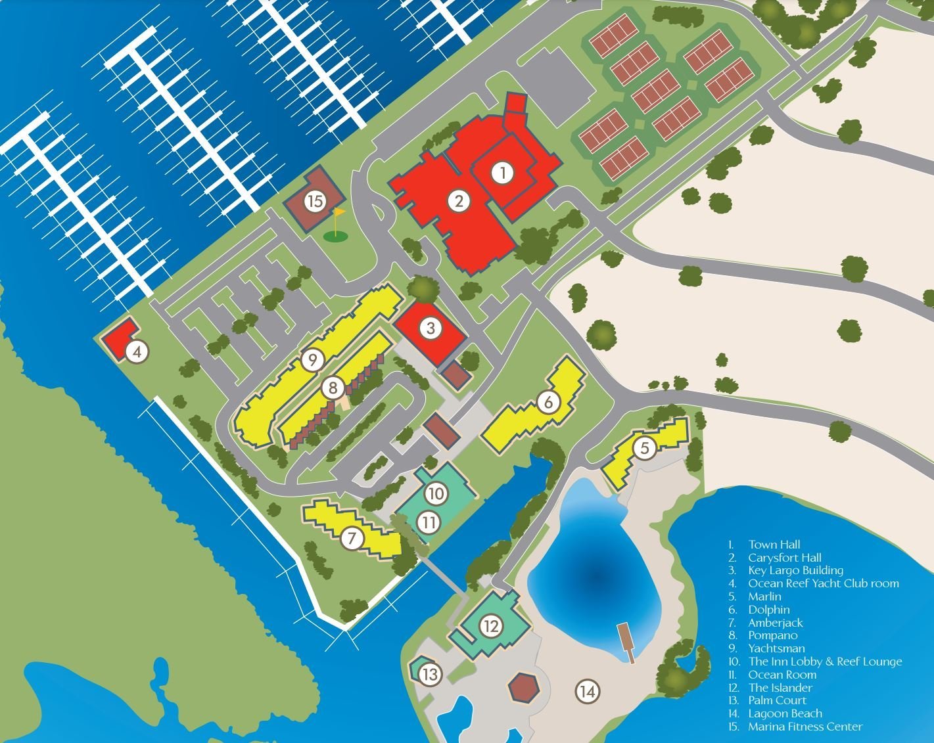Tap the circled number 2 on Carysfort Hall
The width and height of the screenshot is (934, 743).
pyautogui.click(x=459, y=201)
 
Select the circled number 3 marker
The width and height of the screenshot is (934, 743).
pyautogui.click(x=431, y=328)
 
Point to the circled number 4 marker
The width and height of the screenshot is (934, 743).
pyautogui.click(x=137, y=352)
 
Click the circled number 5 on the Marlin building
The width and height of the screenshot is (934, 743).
pyautogui.click(x=645, y=448)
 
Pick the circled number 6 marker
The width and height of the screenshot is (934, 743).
pyautogui.click(x=549, y=401)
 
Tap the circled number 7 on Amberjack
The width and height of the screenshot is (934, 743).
pyautogui.click(x=352, y=539)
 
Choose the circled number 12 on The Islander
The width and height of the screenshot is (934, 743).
pyautogui.click(x=491, y=626)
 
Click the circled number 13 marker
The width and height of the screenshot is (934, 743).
pyautogui.click(x=429, y=674)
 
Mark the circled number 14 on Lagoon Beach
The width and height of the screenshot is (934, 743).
pyautogui.click(x=588, y=691)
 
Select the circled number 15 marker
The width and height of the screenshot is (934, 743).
pyautogui.click(x=315, y=201)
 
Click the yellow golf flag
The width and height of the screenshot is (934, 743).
pyautogui.click(x=339, y=214)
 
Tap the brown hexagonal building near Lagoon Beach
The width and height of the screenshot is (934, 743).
pyautogui.click(x=523, y=687)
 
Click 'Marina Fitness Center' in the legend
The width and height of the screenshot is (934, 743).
pyautogui.click(x=805, y=727)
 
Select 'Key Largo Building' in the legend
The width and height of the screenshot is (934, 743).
pyautogui.click(x=795, y=570)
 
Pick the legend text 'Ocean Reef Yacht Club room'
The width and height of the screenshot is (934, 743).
pyautogui.click(x=823, y=583)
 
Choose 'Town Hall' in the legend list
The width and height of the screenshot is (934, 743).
pyautogui.click(x=774, y=545)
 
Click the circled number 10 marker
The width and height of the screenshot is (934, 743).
pyautogui.click(x=436, y=493)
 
